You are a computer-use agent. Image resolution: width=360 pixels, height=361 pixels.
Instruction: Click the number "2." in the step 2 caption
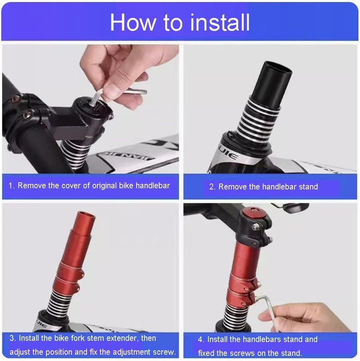(212, 187)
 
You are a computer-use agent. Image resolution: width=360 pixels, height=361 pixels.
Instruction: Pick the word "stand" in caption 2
(308, 187)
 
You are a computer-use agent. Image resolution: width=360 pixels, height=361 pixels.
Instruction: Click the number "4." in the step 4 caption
(201, 339)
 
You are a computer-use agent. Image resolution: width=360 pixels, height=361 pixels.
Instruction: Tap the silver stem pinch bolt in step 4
(254, 228)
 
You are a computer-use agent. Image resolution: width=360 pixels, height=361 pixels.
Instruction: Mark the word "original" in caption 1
(104, 186)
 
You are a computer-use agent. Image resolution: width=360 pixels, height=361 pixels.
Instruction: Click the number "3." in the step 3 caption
(13, 338)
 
